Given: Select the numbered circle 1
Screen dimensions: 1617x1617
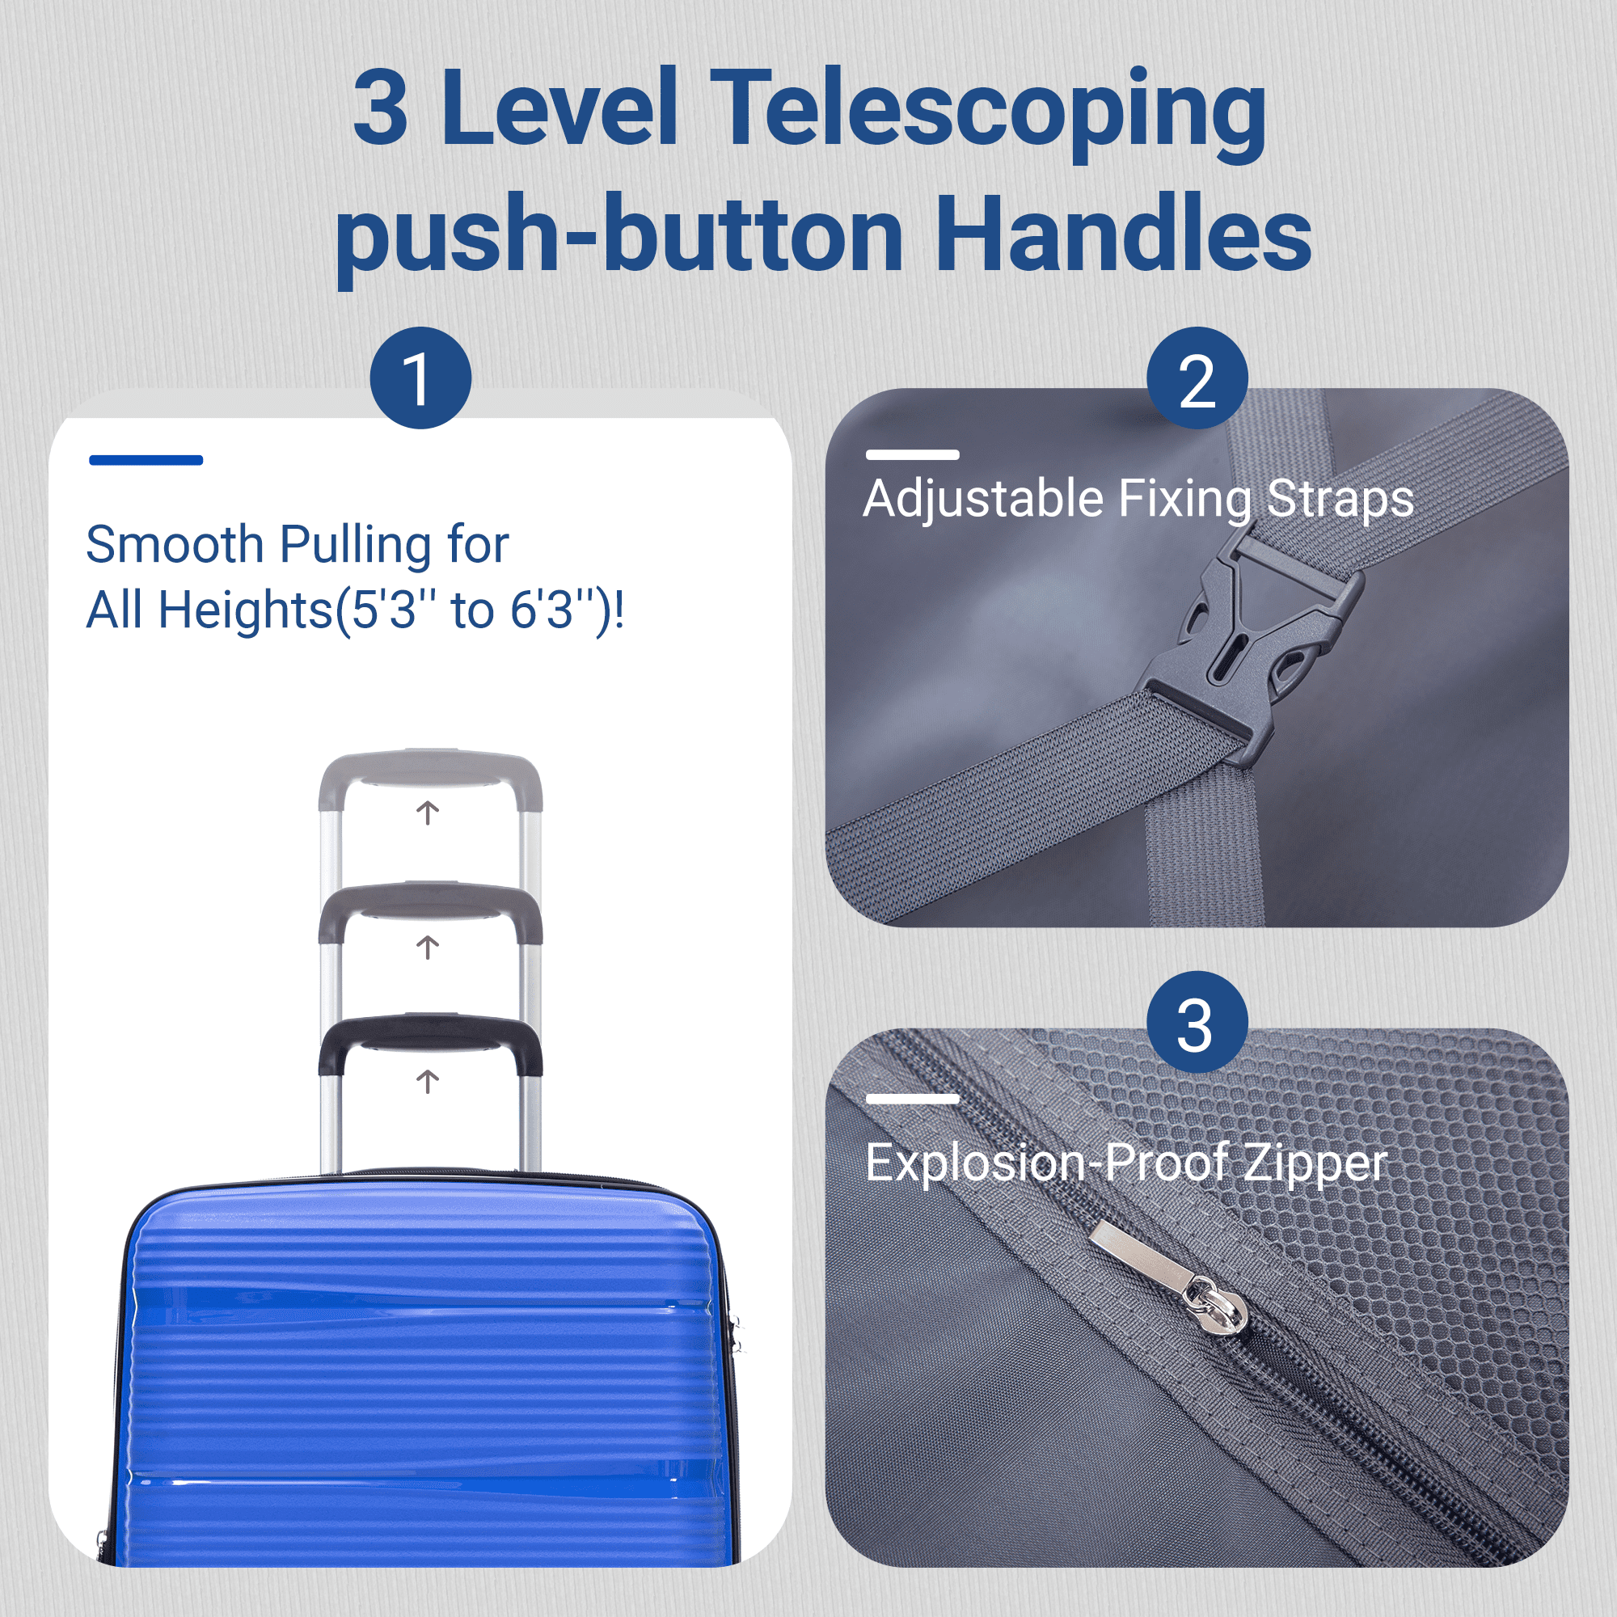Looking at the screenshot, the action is point(420,378).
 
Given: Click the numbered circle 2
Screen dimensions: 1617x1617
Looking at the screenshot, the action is point(1197,378).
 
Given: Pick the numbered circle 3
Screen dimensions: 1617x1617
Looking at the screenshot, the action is point(1197,1022).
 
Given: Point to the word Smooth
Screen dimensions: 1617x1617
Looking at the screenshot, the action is point(175,545).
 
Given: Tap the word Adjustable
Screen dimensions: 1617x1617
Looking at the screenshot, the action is point(983,500).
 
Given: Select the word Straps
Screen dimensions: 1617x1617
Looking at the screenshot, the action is point(1340,500).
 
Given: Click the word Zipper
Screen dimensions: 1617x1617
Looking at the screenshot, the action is point(1316,1164).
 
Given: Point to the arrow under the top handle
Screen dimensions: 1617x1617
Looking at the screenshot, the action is point(428,813).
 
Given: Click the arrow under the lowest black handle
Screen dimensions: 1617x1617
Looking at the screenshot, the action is point(428,1081).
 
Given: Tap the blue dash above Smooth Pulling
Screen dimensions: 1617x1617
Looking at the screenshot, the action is point(146,459).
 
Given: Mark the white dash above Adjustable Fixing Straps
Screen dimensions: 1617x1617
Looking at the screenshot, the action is point(912,454).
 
